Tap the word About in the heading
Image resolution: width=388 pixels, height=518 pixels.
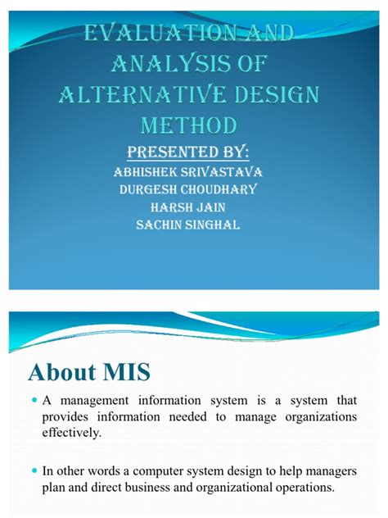[x=59, y=373]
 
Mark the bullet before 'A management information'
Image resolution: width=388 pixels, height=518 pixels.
[x=37, y=401]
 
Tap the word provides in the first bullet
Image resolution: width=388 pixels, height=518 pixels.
[x=71, y=418]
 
